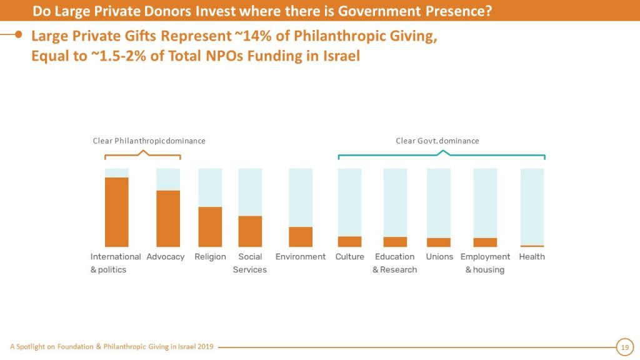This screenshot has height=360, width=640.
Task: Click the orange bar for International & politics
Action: click(117, 212)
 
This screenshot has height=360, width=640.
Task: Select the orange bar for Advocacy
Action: click(168, 218)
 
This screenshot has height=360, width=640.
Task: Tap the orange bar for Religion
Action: click(210, 226)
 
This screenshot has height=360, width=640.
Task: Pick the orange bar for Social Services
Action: click(250, 231)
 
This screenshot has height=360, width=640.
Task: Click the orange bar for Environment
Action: click(301, 237)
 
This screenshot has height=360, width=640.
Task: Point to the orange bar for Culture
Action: click(349, 242)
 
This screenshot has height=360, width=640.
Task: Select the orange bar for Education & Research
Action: click(395, 242)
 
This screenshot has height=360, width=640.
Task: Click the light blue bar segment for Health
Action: click(532, 206)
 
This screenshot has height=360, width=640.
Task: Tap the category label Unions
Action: click(439, 257)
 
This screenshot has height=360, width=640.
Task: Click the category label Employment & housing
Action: click(485, 263)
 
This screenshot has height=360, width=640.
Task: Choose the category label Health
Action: click(532, 257)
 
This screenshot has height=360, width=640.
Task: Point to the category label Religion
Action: click(210, 257)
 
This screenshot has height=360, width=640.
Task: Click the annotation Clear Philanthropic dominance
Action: click(149, 141)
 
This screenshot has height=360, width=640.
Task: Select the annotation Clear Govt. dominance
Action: click(437, 141)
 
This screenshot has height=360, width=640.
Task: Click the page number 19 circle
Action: click(624, 347)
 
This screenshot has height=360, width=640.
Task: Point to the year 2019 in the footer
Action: click(204, 347)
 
